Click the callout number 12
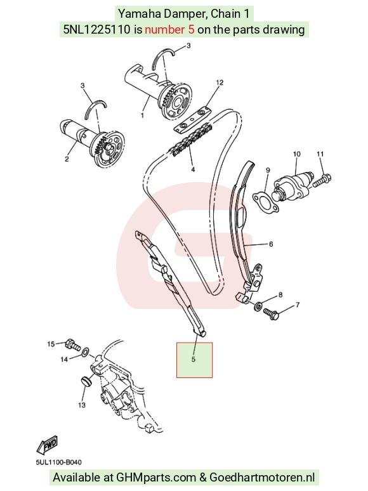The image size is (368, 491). click(x=220, y=82)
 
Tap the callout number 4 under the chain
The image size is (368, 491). click(x=193, y=169)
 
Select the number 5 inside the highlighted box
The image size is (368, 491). click(x=194, y=359)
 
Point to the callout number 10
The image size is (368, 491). click(x=296, y=154)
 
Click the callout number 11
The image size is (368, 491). click(x=320, y=154)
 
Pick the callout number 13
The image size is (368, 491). click(x=82, y=405)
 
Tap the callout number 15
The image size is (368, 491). click(x=51, y=344)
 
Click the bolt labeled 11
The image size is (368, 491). click(x=321, y=180)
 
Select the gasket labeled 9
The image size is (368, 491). click(x=266, y=202)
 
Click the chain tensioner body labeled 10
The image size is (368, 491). click(x=292, y=188)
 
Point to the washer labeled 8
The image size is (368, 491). click(x=258, y=306)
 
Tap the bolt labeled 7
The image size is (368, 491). click(x=271, y=314)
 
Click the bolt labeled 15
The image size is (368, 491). click(x=73, y=345)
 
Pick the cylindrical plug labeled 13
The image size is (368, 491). click(x=86, y=382)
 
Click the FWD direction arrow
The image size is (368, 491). click(x=48, y=445)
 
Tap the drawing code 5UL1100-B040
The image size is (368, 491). click(x=58, y=462)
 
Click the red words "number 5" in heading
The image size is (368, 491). click(x=169, y=29)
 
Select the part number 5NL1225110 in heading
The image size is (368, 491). click(x=97, y=29)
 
